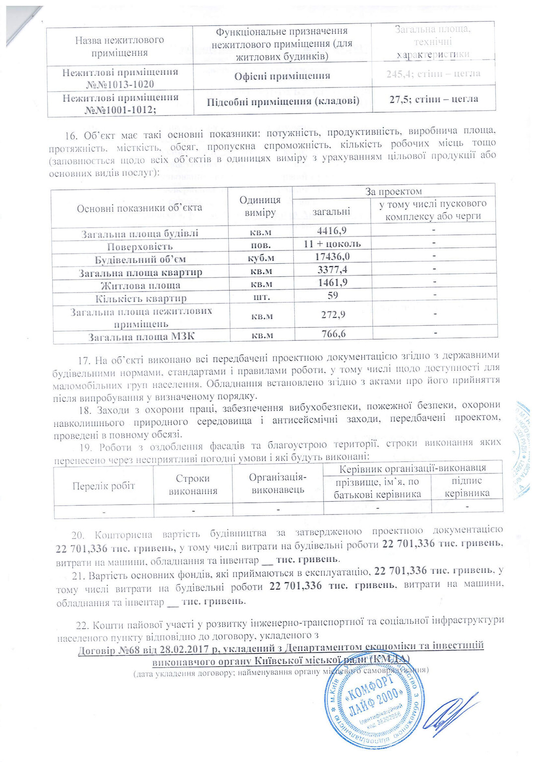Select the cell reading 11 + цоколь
pyautogui.click(x=332, y=243)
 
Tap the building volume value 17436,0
pyautogui.click(x=332, y=256)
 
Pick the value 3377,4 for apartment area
pyautogui.click(x=332, y=269)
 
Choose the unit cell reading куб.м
pyautogui.click(x=261, y=258)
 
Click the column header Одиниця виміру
pyautogui.click(x=260, y=206)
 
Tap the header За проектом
pyautogui.click(x=394, y=191)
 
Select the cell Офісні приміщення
pyautogui.click(x=282, y=76)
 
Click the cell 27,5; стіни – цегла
pyautogui.click(x=433, y=99)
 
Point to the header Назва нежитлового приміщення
pyautogui.click(x=120, y=46)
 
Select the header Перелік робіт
pyautogui.click(x=104, y=486)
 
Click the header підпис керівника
pyautogui.click(x=467, y=487)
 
